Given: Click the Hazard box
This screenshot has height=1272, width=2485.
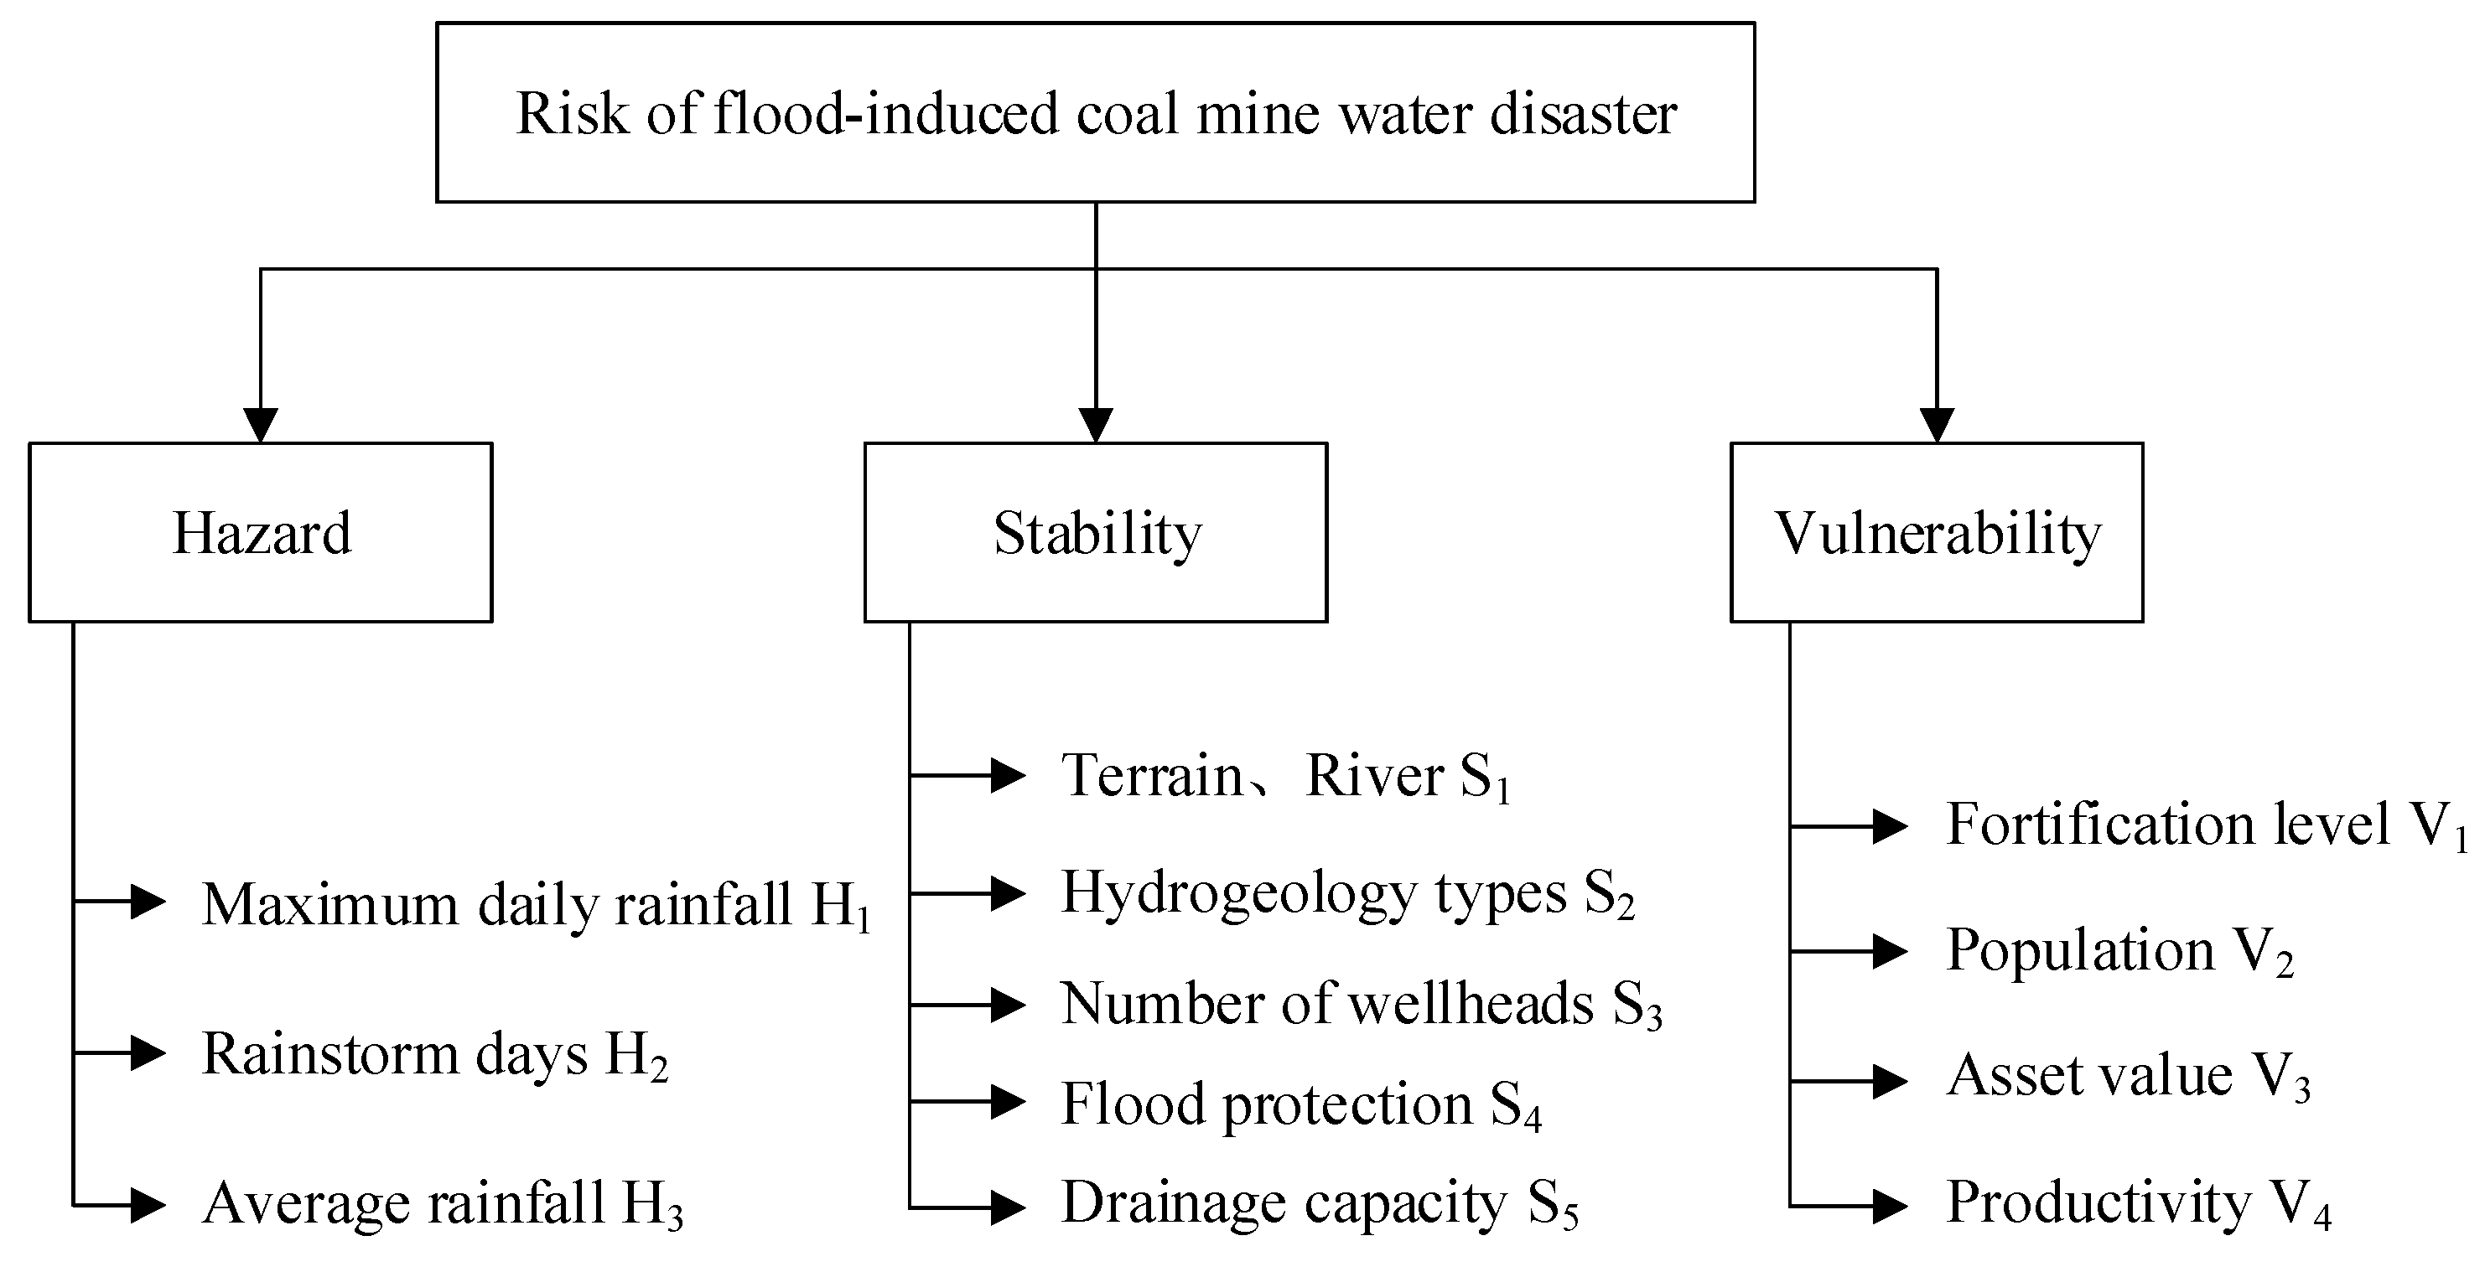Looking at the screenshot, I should tap(261, 532).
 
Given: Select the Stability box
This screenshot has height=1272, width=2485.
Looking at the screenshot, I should tap(1096, 532).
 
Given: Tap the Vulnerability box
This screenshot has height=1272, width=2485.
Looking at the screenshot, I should tap(1936, 532).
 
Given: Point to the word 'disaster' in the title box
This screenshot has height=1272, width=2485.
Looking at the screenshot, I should tap(1583, 114).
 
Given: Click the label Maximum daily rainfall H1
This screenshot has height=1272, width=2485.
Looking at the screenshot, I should tap(536, 905).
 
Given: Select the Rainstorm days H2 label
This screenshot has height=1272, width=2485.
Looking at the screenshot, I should tap(434, 1054).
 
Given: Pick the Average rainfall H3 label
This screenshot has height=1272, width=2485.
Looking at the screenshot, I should tap(443, 1203).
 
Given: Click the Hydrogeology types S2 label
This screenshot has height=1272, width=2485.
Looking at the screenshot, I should tap(1346, 893).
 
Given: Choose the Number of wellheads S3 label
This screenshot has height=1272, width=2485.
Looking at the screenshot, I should tap(1360, 1005).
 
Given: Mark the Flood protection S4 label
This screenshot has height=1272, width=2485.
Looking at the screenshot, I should tap(1300, 1104).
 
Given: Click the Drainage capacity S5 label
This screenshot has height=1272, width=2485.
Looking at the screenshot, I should tap(1319, 1203).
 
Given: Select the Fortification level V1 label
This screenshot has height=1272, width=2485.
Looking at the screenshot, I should tap(2204, 825).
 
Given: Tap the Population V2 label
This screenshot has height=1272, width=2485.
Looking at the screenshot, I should tap(2119, 951).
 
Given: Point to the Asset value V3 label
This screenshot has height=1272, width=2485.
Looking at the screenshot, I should tap(2128, 1076).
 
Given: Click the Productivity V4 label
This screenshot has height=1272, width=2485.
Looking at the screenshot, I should tap(2138, 1203).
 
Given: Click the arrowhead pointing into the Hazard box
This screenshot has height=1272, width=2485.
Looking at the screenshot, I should tap(261, 424).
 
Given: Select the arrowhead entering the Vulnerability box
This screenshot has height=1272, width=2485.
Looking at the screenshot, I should tap(1936, 424).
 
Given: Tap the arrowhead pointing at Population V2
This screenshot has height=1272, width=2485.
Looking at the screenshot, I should tap(1889, 952).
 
